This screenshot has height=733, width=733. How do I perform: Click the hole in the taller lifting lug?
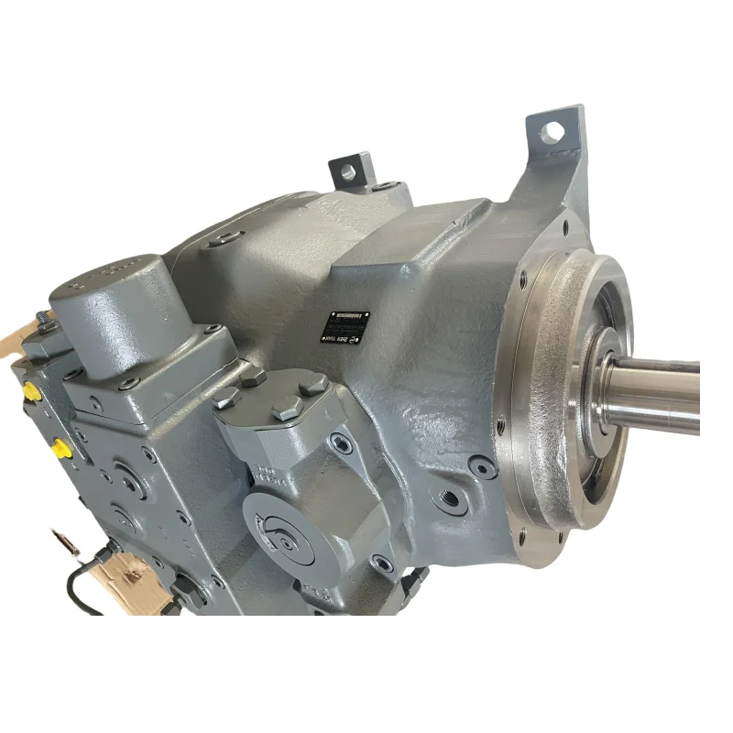click(552, 133)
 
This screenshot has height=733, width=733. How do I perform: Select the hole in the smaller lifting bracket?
click(348, 170)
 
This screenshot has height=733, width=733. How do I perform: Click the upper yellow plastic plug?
click(31, 391)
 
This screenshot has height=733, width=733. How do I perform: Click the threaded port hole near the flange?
click(450, 501)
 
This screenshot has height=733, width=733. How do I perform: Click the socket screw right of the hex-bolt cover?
click(342, 443)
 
